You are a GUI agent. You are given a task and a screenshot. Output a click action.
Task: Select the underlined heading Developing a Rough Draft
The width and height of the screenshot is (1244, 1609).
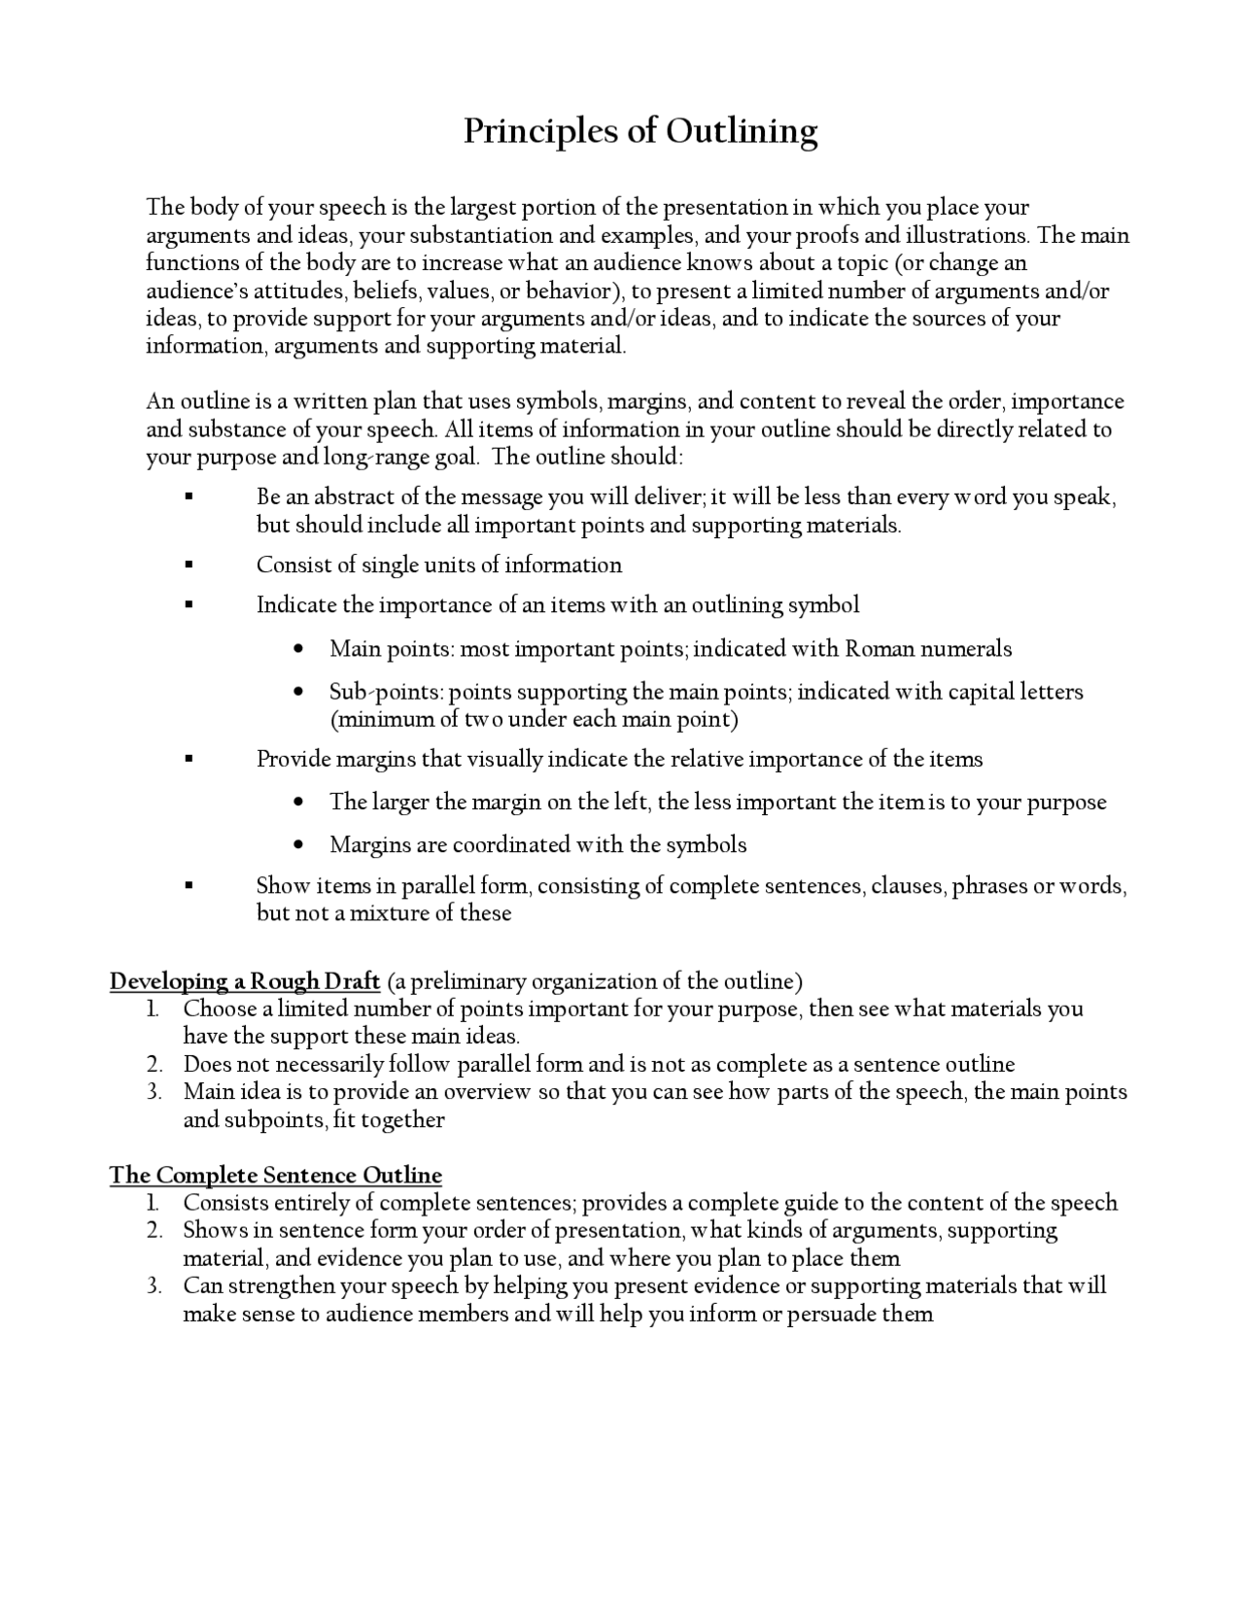(244, 980)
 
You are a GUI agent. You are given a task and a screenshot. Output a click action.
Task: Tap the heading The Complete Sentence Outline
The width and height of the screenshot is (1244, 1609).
(275, 1175)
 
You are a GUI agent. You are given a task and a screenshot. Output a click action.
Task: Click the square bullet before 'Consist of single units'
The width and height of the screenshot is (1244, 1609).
(190, 565)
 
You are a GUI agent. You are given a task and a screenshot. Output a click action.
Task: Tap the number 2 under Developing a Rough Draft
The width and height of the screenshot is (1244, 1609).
(155, 1064)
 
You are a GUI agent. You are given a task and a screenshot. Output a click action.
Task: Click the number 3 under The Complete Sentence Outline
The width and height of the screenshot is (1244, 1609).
(155, 1285)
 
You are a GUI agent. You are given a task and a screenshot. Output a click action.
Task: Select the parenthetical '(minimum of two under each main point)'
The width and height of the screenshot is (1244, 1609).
(534, 719)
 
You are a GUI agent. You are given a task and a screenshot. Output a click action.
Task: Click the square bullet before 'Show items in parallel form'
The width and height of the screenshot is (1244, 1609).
(190, 885)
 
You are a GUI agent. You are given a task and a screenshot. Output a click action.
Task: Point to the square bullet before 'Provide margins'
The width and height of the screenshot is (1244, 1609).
(190, 759)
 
